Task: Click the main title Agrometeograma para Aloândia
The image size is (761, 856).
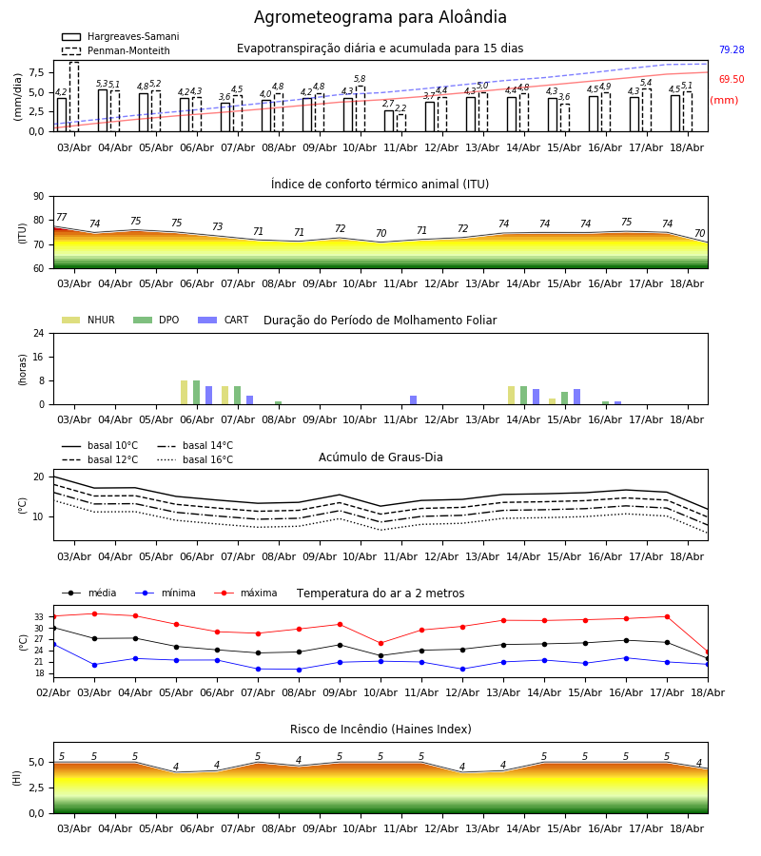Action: (380, 17)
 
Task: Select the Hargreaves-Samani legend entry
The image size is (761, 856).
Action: (121, 36)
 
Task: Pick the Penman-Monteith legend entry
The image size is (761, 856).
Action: (116, 50)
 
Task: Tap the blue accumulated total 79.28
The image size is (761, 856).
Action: (732, 49)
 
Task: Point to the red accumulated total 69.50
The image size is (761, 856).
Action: (732, 79)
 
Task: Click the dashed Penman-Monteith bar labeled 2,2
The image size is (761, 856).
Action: (401, 123)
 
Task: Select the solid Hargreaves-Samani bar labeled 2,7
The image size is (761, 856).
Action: (389, 121)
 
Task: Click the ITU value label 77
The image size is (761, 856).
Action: (61, 217)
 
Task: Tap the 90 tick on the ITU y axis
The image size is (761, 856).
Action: (39, 197)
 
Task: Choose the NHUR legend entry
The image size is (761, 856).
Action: (88, 320)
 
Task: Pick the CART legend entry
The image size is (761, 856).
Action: (224, 320)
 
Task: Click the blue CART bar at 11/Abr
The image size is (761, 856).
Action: (413, 400)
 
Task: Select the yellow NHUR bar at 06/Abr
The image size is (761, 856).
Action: (184, 393)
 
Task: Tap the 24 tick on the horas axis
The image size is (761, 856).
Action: (39, 334)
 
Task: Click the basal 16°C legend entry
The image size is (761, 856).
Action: (195, 459)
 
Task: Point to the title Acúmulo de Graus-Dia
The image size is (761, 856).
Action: (380, 457)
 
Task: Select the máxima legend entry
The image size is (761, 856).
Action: (245, 593)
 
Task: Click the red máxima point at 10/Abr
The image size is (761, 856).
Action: (381, 644)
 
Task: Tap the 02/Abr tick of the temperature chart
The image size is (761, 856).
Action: (53, 692)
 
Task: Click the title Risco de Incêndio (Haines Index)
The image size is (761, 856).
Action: (380, 730)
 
